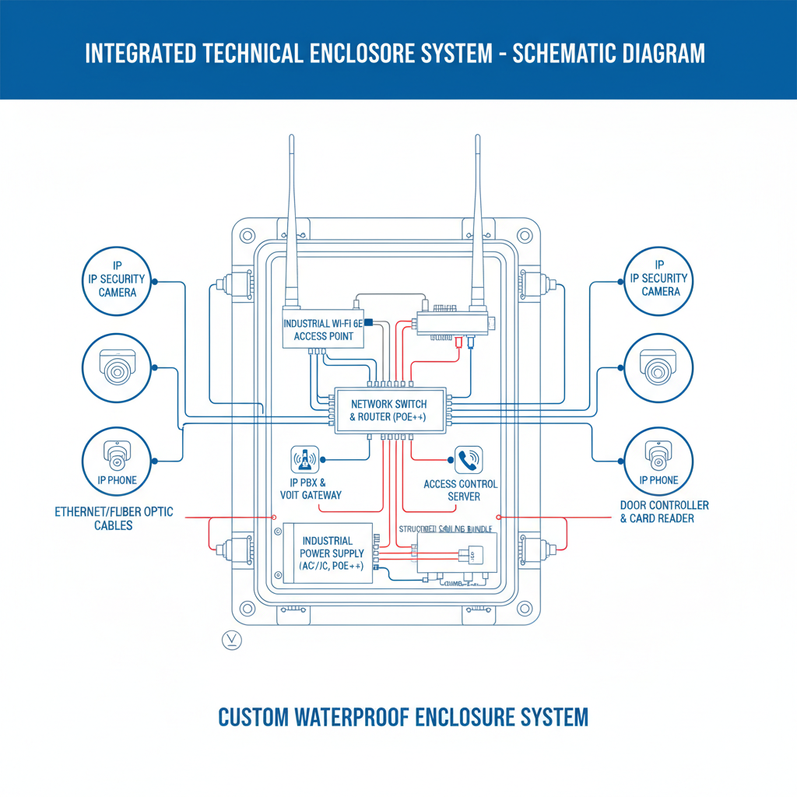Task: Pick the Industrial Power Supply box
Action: click(x=327, y=554)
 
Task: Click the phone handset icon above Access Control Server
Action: click(x=468, y=460)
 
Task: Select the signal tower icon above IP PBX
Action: click(x=304, y=460)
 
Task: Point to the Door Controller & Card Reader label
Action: click(x=664, y=511)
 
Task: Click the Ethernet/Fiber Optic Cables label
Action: click(x=114, y=518)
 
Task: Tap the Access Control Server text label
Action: click(x=460, y=490)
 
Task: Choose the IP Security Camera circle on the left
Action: click(x=116, y=281)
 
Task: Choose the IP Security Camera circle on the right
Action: click(x=659, y=281)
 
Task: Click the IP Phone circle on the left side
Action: click(x=116, y=461)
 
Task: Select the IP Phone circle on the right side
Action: click(x=658, y=461)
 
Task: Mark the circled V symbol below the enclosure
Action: click(x=231, y=640)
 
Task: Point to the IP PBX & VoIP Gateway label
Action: click(x=311, y=489)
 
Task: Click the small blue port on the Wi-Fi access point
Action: click(x=367, y=321)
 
